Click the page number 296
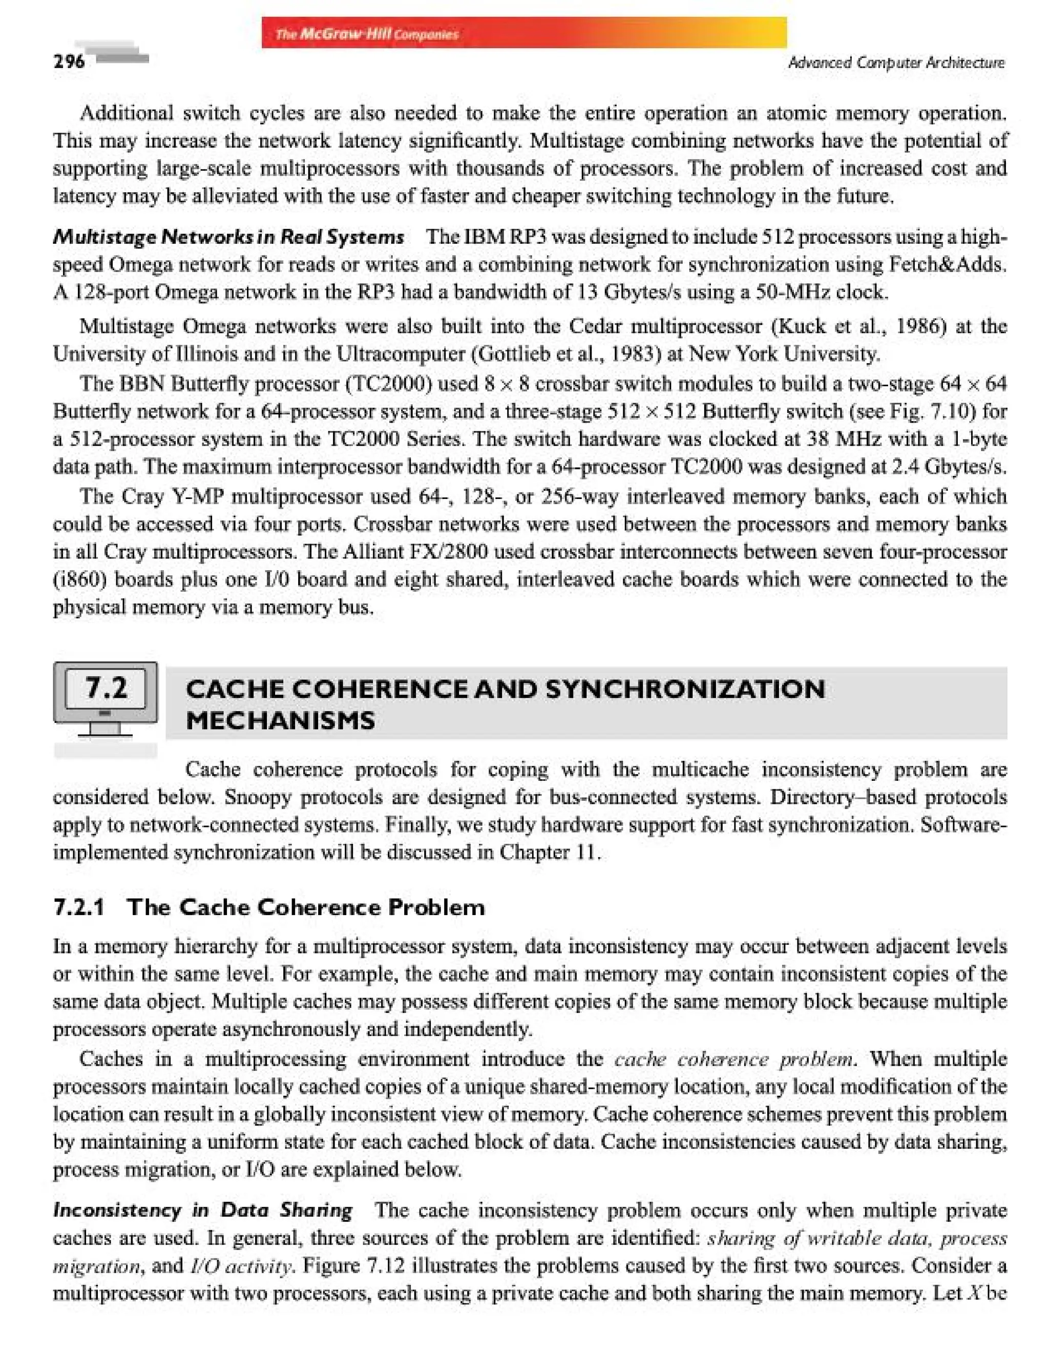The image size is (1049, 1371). [69, 61]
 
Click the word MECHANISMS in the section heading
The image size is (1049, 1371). [280, 720]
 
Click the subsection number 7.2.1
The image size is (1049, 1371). [79, 907]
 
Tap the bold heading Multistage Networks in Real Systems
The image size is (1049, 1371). [228, 237]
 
